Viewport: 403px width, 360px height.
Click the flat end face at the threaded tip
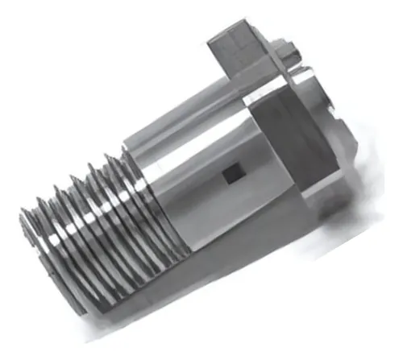(x=32, y=258)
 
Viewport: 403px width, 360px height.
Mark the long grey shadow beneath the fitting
(x=242, y=266)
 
